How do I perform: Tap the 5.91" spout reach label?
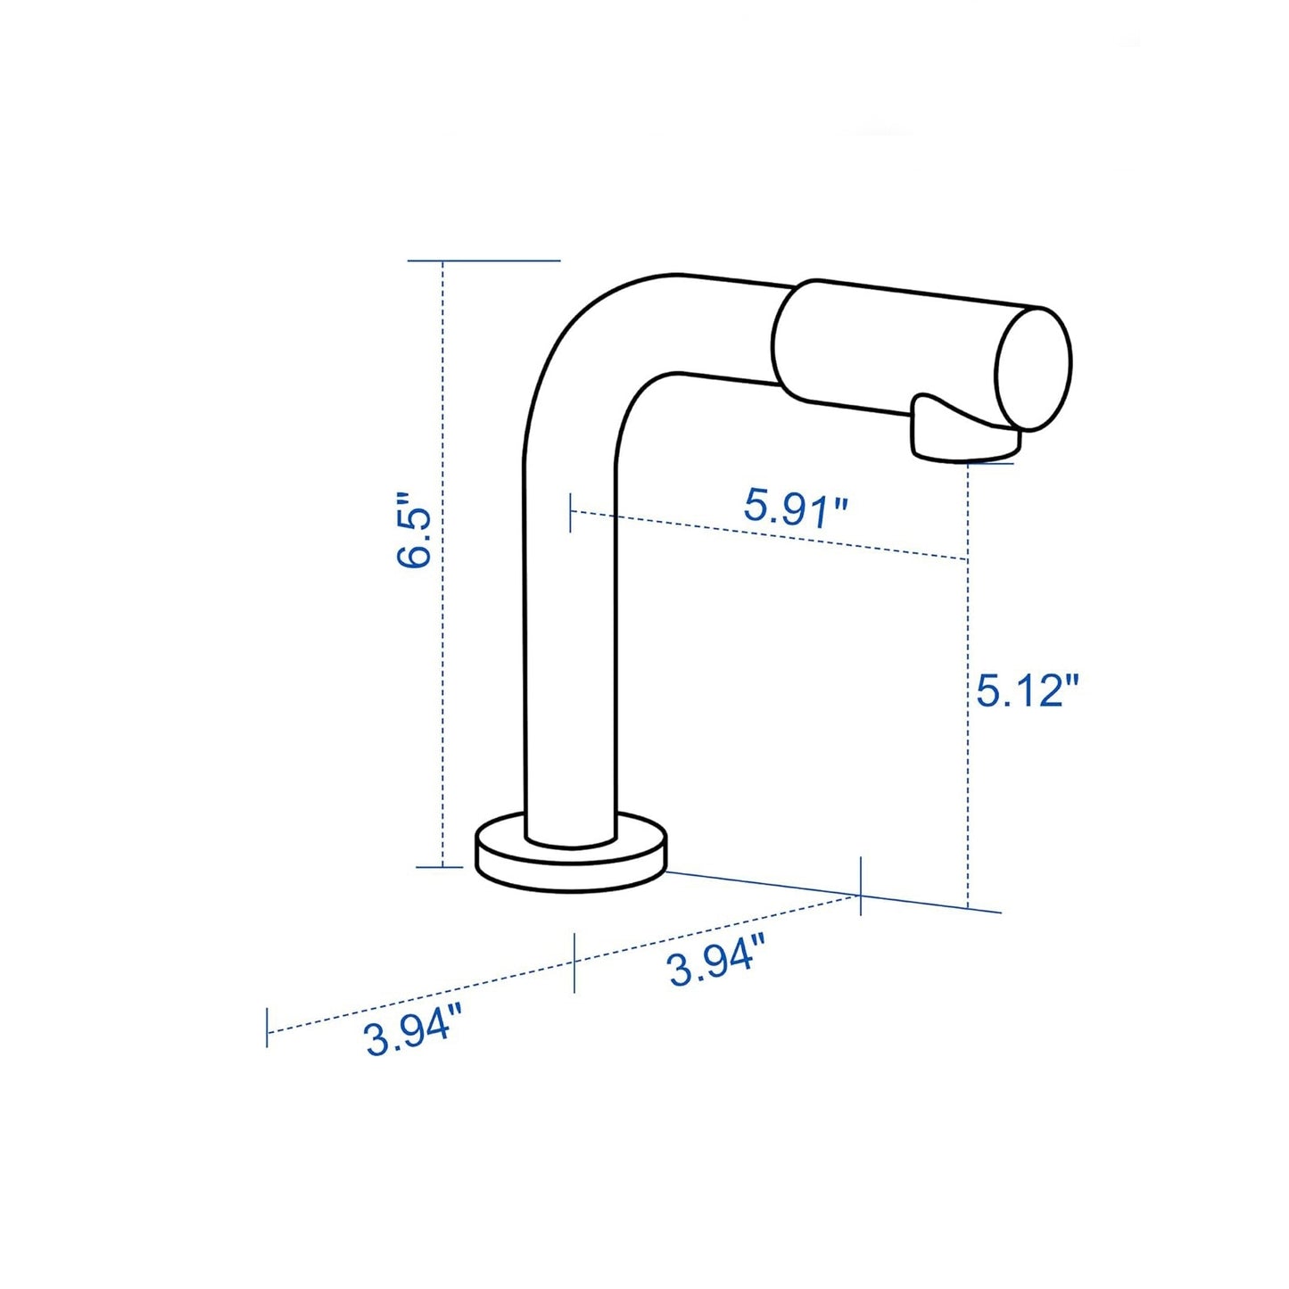click(796, 508)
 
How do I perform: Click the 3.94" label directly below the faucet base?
click(716, 958)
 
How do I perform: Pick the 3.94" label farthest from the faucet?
click(412, 1029)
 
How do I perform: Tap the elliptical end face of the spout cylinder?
click(1034, 368)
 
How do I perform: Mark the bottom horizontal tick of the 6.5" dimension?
click(440, 866)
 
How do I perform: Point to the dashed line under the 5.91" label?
click(767, 535)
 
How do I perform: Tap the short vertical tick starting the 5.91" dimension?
click(571, 514)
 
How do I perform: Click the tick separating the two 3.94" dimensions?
click(574, 962)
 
